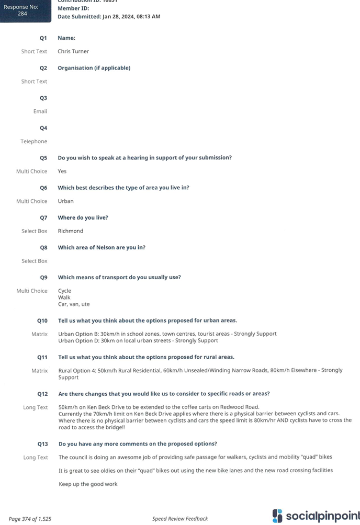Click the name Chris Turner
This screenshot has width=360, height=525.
(x=73, y=51)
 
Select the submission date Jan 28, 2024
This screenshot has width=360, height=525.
(x=118, y=16)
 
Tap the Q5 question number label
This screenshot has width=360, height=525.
(x=43, y=158)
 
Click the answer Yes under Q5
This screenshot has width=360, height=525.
(x=62, y=171)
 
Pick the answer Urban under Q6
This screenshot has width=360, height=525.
(x=66, y=201)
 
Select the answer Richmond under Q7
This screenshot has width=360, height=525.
(x=71, y=231)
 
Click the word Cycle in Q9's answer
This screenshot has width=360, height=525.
(x=65, y=291)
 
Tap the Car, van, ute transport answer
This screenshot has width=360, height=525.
(x=74, y=304)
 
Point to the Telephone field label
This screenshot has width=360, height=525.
(x=34, y=141)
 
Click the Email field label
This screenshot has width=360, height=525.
(x=40, y=111)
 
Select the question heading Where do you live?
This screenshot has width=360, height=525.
(x=83, y=218)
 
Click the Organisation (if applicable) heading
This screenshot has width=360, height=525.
(x=94, y=68)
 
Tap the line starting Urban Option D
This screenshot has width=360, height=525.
(x=138, y=340)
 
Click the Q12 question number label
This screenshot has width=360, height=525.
(x=42, y=394)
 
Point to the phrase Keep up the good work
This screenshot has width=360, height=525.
(x=88, y=484)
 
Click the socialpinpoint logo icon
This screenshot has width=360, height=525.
(x=277, y=516)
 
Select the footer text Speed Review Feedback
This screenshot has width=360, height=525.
(x=180, y=519)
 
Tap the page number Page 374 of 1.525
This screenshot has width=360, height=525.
(x=30, y=519)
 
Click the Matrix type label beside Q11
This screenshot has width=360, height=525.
(x=40, y=371)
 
